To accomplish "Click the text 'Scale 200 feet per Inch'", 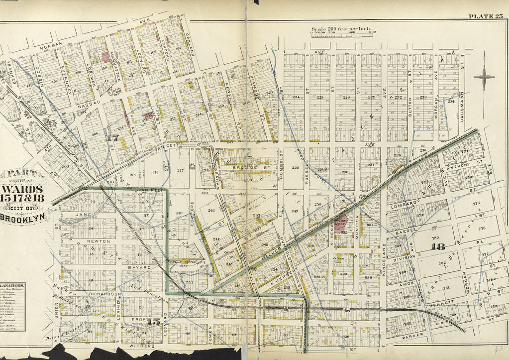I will (x=343, y=29).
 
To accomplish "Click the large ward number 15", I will (x=155, y=321).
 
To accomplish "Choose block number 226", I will (x=346, y=98).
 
